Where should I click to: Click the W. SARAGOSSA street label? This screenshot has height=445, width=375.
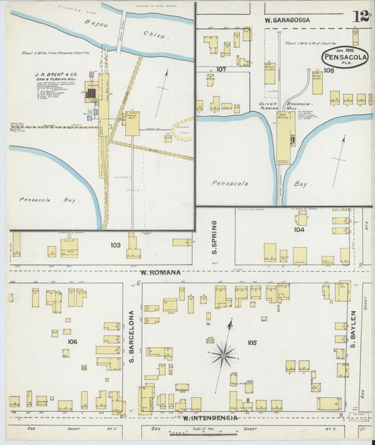click(x=287, y=20)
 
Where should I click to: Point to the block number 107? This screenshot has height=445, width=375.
click(x=221, y=69)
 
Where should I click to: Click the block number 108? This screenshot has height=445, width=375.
click(x=327, y=70)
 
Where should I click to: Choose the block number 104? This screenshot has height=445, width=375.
click(x=300, y=230)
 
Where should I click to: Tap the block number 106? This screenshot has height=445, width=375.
click(x=72, y=341)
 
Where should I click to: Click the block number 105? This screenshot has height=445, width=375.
click(x=251, y=343)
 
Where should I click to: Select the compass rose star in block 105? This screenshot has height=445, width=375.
click(x=223, y=353)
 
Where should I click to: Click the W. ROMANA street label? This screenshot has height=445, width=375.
click(x=160, y=272)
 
